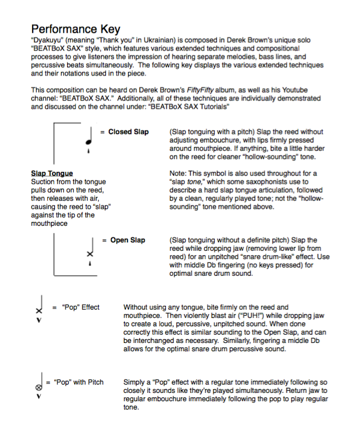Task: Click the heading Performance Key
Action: coord(75,29)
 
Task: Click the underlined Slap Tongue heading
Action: coord(52,174)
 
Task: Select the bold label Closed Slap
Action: coord(128,132)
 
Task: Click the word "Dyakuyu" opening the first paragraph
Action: coord(48,41)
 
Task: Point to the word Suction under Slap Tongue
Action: coord(44,182)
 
